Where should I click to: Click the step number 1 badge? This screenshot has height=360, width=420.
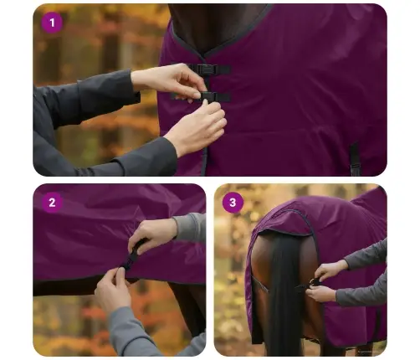coord(53,23)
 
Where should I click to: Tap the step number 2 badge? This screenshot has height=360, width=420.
coord(53,203)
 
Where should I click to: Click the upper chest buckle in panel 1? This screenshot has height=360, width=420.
coord(209,69)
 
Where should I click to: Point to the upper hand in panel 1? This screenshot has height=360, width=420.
coord(172,80)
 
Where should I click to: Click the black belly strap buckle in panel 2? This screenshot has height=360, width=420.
coord(131,257)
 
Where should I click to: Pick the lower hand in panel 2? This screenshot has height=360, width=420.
coord(112,289)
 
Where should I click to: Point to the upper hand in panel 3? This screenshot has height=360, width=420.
coord(332,270)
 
